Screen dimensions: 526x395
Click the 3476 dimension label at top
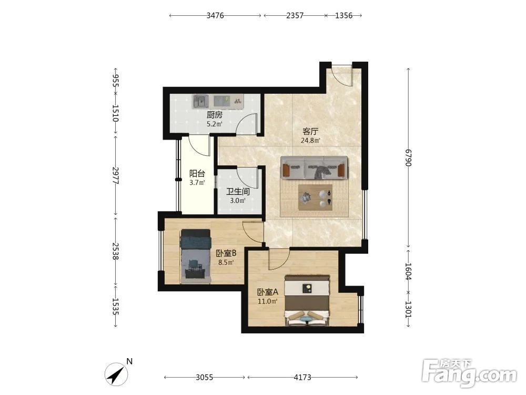pos(215,15)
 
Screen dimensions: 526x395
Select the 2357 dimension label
pos(295,15)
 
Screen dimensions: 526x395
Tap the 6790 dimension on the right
pos(408,157)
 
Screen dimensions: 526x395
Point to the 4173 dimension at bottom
pos(302,378)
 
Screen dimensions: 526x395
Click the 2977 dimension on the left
pos(116,175)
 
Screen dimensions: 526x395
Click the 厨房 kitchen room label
pos(215,115)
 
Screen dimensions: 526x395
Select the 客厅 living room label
pos(310,131)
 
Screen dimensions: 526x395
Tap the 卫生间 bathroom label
pos(238,192)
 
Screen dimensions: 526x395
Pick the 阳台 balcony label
pos(197,174)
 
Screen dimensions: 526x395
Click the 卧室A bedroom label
pos(268,292)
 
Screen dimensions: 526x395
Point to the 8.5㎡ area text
pos(226,262)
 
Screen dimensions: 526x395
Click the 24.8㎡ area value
pos(310,141)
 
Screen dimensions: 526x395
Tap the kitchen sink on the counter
pos(200,102)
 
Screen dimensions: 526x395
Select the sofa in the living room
pos(314,167)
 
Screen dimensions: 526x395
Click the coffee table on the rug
pos(315,197)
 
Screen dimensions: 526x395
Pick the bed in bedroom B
pos(196,256)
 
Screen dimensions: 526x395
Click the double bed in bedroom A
pos(307,300)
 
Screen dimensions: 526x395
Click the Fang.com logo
pos(469,373)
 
